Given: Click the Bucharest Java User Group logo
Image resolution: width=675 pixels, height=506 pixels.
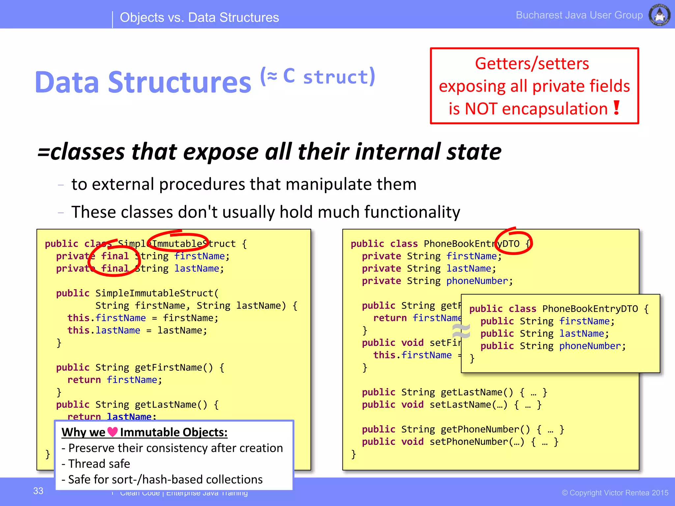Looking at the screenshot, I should click(659, 14).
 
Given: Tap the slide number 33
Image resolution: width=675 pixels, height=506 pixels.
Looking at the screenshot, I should click(38, 491).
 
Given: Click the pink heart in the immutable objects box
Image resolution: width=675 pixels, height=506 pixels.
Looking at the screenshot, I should click(112, 432).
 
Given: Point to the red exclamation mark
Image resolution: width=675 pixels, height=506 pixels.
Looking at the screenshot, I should click(617, 108).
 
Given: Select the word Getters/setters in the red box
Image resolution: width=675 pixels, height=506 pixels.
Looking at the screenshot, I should click(532, 64).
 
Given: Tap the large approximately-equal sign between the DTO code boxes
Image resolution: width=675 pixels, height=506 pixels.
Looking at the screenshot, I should click(461, 331).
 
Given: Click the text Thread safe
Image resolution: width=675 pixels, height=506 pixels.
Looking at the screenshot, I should click(99, 464).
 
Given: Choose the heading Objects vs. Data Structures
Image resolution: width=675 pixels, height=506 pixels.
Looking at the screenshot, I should click(199, 17).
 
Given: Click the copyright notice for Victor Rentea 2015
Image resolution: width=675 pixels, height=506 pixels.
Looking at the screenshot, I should click(615, 493).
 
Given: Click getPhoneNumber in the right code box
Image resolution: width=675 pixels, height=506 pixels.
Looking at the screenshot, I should click(485, 429).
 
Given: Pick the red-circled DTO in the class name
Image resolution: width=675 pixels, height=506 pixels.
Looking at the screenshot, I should click(511, 244).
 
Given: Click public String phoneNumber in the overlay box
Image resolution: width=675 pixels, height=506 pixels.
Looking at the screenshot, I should click(553, 346).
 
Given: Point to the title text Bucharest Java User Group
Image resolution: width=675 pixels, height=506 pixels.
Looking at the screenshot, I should click(579, 15).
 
